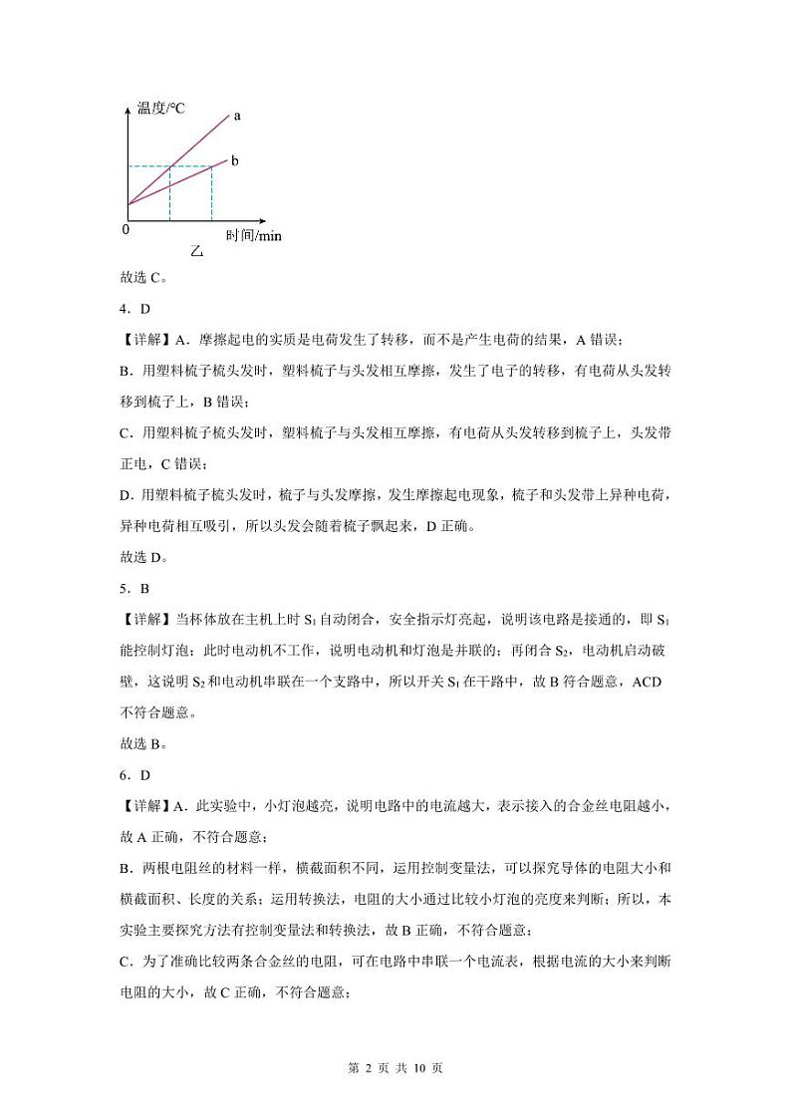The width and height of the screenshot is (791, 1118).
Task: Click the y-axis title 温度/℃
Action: pyautogui.click(x=161, y=108)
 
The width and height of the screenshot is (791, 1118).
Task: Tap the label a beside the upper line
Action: pyautogui.click(x=237, y=116)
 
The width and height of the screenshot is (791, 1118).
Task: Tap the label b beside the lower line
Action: pyautogui.click(x=234, y=159)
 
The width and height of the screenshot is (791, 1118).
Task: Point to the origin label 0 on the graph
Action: pyautogui.click(x=126, y=229)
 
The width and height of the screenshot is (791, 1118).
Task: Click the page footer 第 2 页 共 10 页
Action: pyautogui.click(x=395, y=1067)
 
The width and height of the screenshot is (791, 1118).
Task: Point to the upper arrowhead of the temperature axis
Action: pyautogui.click(x=129, y=104)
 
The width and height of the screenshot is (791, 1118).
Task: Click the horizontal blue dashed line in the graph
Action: pyautogui.click(x=169, y=165)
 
